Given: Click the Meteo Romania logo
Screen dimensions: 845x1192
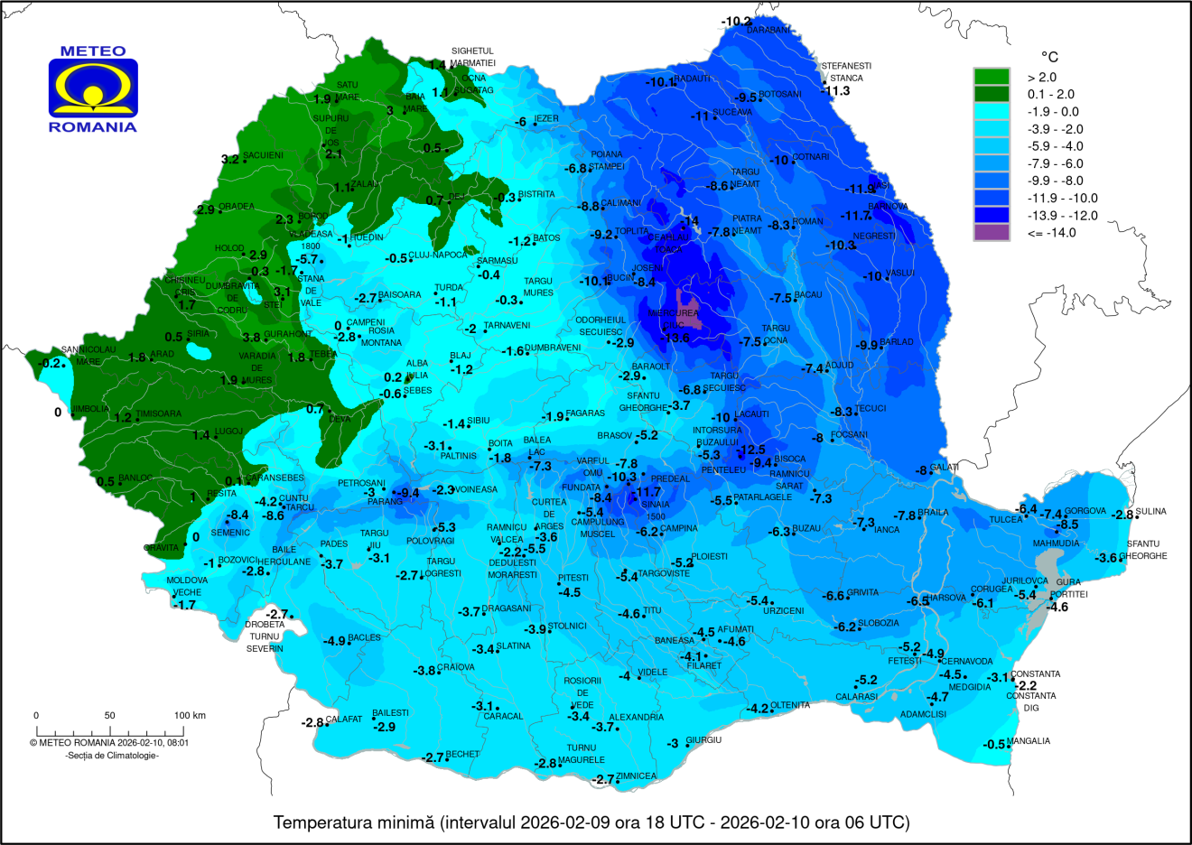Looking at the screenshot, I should click(x=93, y=89).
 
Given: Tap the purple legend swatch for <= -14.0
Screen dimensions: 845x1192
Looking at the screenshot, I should click(x=991, y=233).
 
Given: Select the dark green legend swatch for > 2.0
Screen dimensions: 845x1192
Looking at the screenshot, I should click(x=991, y=77).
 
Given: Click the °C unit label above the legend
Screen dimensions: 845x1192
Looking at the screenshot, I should click(x=1049, y=57).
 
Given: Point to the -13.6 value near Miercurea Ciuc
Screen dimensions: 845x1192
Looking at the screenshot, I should click(x=676, y=339).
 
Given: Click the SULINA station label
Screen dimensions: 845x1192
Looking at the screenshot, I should click(x=1150, y=512).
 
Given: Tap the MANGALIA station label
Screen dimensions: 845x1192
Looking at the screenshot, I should click(x=1029, y=741).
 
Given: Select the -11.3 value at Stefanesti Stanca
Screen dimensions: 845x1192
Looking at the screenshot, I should click(x=836, y=91).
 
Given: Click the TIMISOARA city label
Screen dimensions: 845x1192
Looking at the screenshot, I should click(x=158, y=414).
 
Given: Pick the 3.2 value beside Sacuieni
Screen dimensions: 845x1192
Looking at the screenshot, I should click(x=229, y=160).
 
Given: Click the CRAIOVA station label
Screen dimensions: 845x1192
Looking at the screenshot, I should click(x=456, y=667).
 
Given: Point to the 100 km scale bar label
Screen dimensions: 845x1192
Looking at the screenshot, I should click(x=190, y=716).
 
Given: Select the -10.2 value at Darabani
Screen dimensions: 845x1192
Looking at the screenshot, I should click(x=736, y=22).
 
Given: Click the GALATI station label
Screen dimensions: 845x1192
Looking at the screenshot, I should click(x=944, y=467).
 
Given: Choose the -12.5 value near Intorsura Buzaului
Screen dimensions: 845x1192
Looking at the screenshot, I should click(x=750, y=450).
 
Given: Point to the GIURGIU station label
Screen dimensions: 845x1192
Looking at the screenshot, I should click(x=703, y=740).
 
